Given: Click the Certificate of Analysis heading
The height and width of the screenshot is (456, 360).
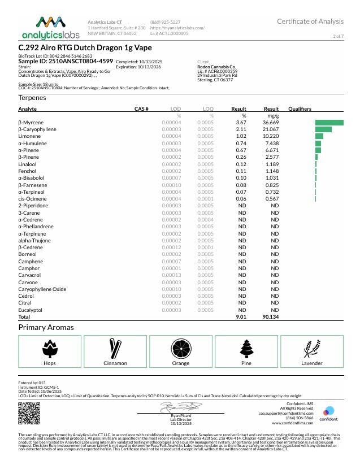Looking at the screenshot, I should pyautogui.click(x=310, y=21).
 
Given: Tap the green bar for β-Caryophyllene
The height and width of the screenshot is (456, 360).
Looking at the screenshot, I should pyautogui.click(x=323, y=129).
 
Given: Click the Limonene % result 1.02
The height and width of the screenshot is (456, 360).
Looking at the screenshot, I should pyautogui.click(x=241, y=136).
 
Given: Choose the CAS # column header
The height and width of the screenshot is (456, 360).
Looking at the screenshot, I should pyautogui.click(x=141, y=108).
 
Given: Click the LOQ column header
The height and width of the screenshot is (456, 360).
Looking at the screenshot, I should pyautogui.click(x=207, y=108).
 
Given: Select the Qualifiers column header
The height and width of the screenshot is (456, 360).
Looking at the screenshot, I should pyautogui.click(x=300, y=108).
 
